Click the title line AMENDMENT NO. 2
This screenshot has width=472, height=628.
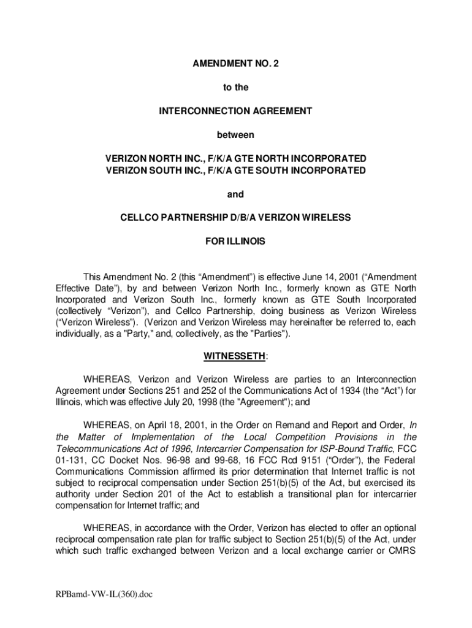pyautogui.click(x=235, y=64)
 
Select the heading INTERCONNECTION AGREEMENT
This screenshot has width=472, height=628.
pyautogui.click(x=235, y=111)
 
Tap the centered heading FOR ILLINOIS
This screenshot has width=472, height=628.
pyautogui.click(x=235, y=242)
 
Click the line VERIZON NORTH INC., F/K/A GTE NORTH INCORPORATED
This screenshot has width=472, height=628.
pyautogui.click(x=236, y=159)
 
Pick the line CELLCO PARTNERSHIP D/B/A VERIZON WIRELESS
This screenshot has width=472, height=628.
pyautogui.click(x=235, y=218)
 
